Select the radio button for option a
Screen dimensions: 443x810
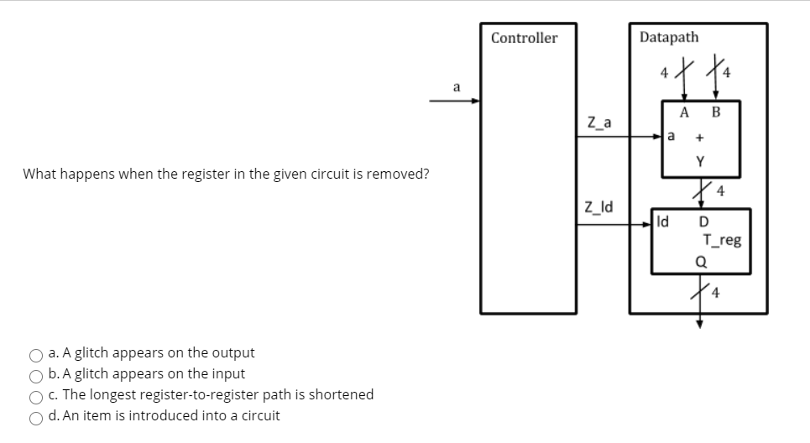(x=37, y=354)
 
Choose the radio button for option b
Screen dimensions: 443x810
(x=37, y=375)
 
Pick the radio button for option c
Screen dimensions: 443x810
(x=37, y=395)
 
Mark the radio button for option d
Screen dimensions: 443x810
(x=37, y=416)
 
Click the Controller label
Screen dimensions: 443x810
(x=524, y=38)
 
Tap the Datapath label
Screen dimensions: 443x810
(x=668, y=37)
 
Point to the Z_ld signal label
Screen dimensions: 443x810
(x=598, y=206)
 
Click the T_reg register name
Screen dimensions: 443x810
(x=723, y=241)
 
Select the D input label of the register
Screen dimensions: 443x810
(x=703, y=223)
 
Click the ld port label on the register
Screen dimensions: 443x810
(x=663, y=223)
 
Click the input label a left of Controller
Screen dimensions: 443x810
(x=456, y=86)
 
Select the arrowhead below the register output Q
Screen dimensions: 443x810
(x=698, y=320)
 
